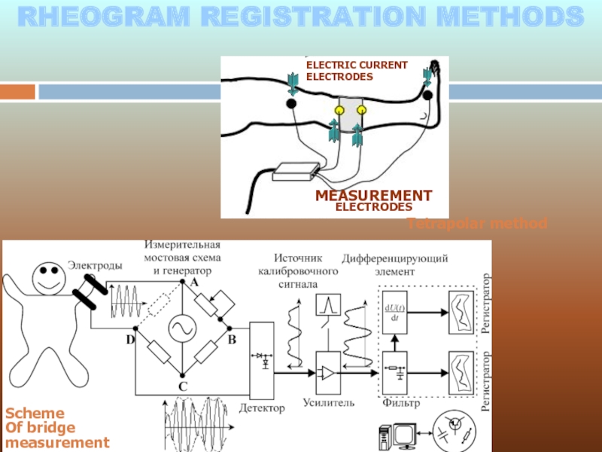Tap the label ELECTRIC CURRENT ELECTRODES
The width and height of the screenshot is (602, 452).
click(356, 71)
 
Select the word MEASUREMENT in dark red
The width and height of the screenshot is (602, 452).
click(373, 196)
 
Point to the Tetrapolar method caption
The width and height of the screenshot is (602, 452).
click(476, 224)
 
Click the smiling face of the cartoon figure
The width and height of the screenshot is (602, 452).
click(50, 276)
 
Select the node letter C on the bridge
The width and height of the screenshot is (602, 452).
click(182, 386)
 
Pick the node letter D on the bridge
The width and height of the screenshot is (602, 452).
click(129, 340)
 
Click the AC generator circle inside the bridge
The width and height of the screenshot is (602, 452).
click(181, 328)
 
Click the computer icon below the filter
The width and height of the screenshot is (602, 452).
click(394, 437)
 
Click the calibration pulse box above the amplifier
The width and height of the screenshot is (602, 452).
click(328, 305)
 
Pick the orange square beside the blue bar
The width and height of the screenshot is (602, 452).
click(17, 92)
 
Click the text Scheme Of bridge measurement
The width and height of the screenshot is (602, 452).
click(57, 428)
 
